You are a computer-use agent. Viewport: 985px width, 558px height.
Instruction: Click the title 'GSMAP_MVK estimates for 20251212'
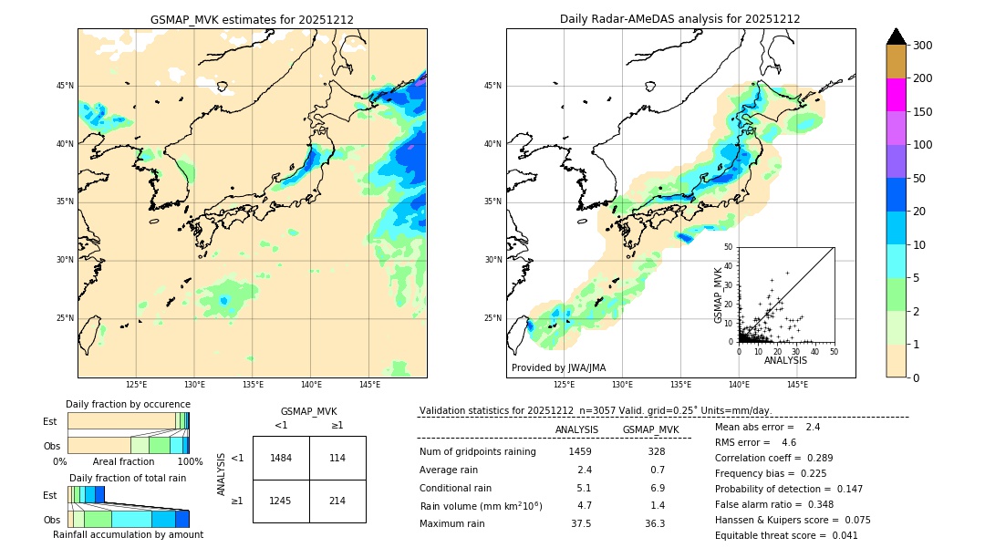[x=252, y=19]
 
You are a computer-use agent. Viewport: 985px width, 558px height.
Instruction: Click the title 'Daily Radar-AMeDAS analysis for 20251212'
[x=680, y=19]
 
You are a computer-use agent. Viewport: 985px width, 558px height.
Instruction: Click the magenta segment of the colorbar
[x=897, y=95]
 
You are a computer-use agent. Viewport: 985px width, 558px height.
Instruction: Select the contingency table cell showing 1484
[x=281, y=458]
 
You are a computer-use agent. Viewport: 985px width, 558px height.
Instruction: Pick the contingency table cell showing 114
[x=337, y=458]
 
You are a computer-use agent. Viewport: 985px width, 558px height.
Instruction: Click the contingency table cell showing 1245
[x=281, y=501]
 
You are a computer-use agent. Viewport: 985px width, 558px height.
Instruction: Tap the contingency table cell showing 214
[x=337, y=501]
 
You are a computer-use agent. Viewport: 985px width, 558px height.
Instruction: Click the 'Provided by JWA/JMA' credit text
[x=558, y=368]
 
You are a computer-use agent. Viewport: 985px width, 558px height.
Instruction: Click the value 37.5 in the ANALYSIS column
[x=580, y=523]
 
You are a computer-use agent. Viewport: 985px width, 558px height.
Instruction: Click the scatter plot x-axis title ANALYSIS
[x=785, y=361]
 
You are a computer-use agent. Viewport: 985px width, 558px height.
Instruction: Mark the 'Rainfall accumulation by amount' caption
[x=128, y=535]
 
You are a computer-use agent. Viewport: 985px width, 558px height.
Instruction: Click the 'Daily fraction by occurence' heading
[x=129, y=404]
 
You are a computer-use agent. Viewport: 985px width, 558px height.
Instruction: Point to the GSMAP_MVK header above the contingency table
[x=308, y=411]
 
